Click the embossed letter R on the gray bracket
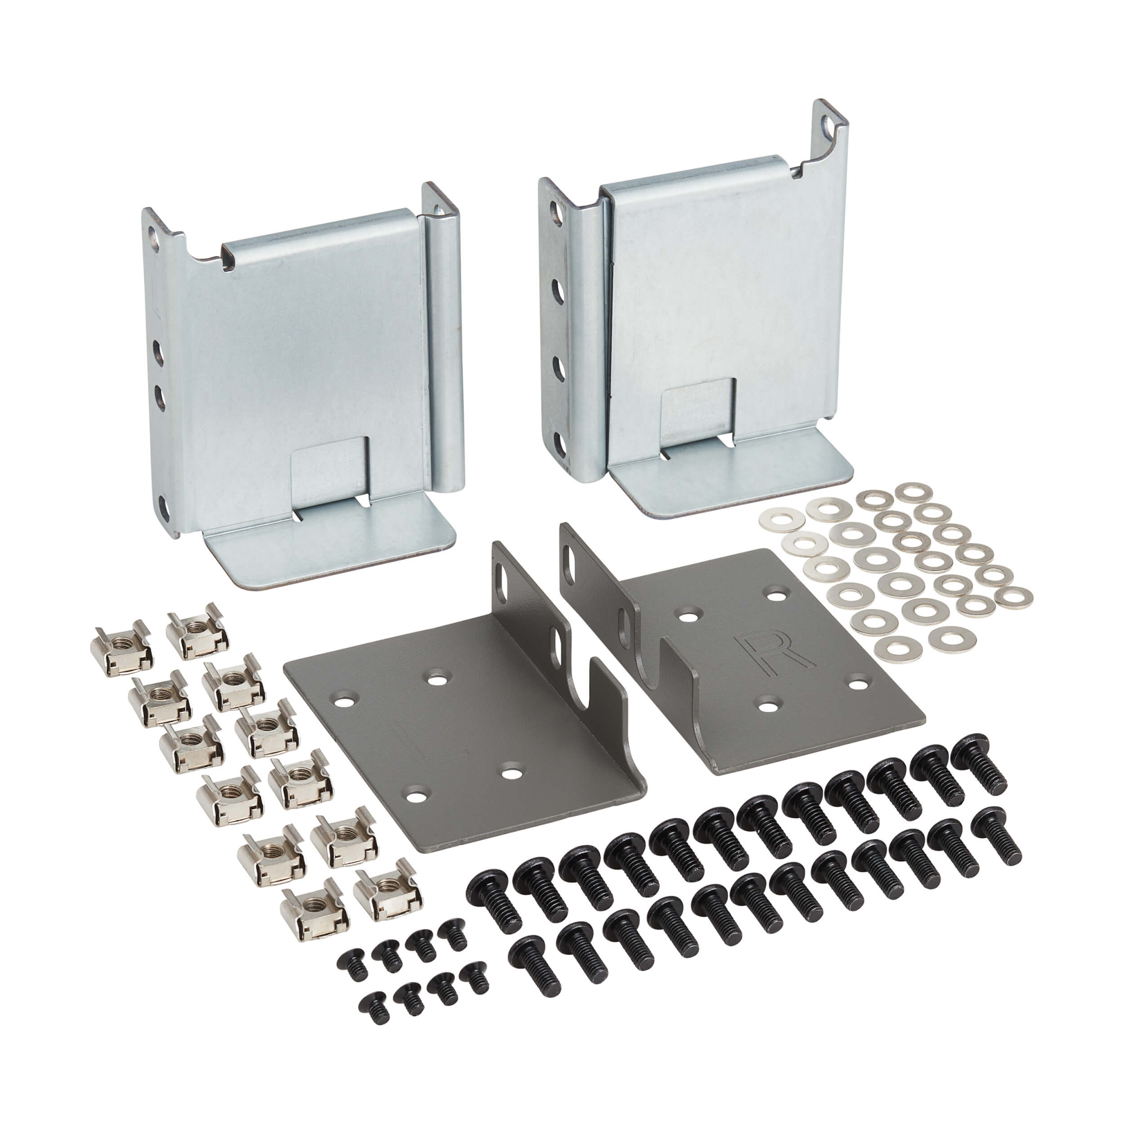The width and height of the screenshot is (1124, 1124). pos(770,651)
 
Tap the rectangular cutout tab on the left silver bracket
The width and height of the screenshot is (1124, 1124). pos(329,466)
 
